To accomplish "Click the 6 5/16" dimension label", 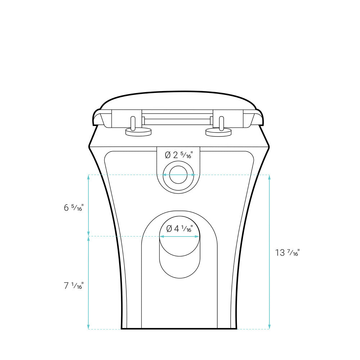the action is [x=74, y=208].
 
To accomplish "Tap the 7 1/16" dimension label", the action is [x=74, y=285].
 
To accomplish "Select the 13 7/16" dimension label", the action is [x=287, y=253].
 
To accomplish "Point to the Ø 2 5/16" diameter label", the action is [x=179, y=155].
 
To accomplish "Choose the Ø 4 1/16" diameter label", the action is [x=180, y=229].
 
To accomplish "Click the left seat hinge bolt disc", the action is [x=139, y=132].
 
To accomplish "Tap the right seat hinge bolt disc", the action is [x=219, y=132].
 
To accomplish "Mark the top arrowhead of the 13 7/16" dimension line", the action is [x=269, y=177].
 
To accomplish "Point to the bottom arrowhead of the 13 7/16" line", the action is [x=269, y=327].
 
